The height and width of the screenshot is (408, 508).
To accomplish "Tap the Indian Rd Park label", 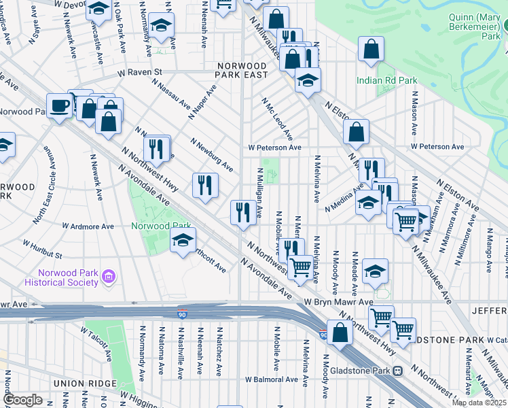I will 387,80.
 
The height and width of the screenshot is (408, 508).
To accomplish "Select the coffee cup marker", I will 60,106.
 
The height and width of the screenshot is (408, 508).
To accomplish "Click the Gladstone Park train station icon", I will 398,371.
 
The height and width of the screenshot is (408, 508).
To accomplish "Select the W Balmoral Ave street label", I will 272,379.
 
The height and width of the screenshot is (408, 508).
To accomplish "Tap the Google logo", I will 23,400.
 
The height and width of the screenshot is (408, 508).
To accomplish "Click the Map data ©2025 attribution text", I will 479,403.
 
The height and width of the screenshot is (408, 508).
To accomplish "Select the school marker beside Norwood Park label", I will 183,240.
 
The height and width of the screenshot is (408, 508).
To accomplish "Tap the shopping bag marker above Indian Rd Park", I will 371,49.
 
